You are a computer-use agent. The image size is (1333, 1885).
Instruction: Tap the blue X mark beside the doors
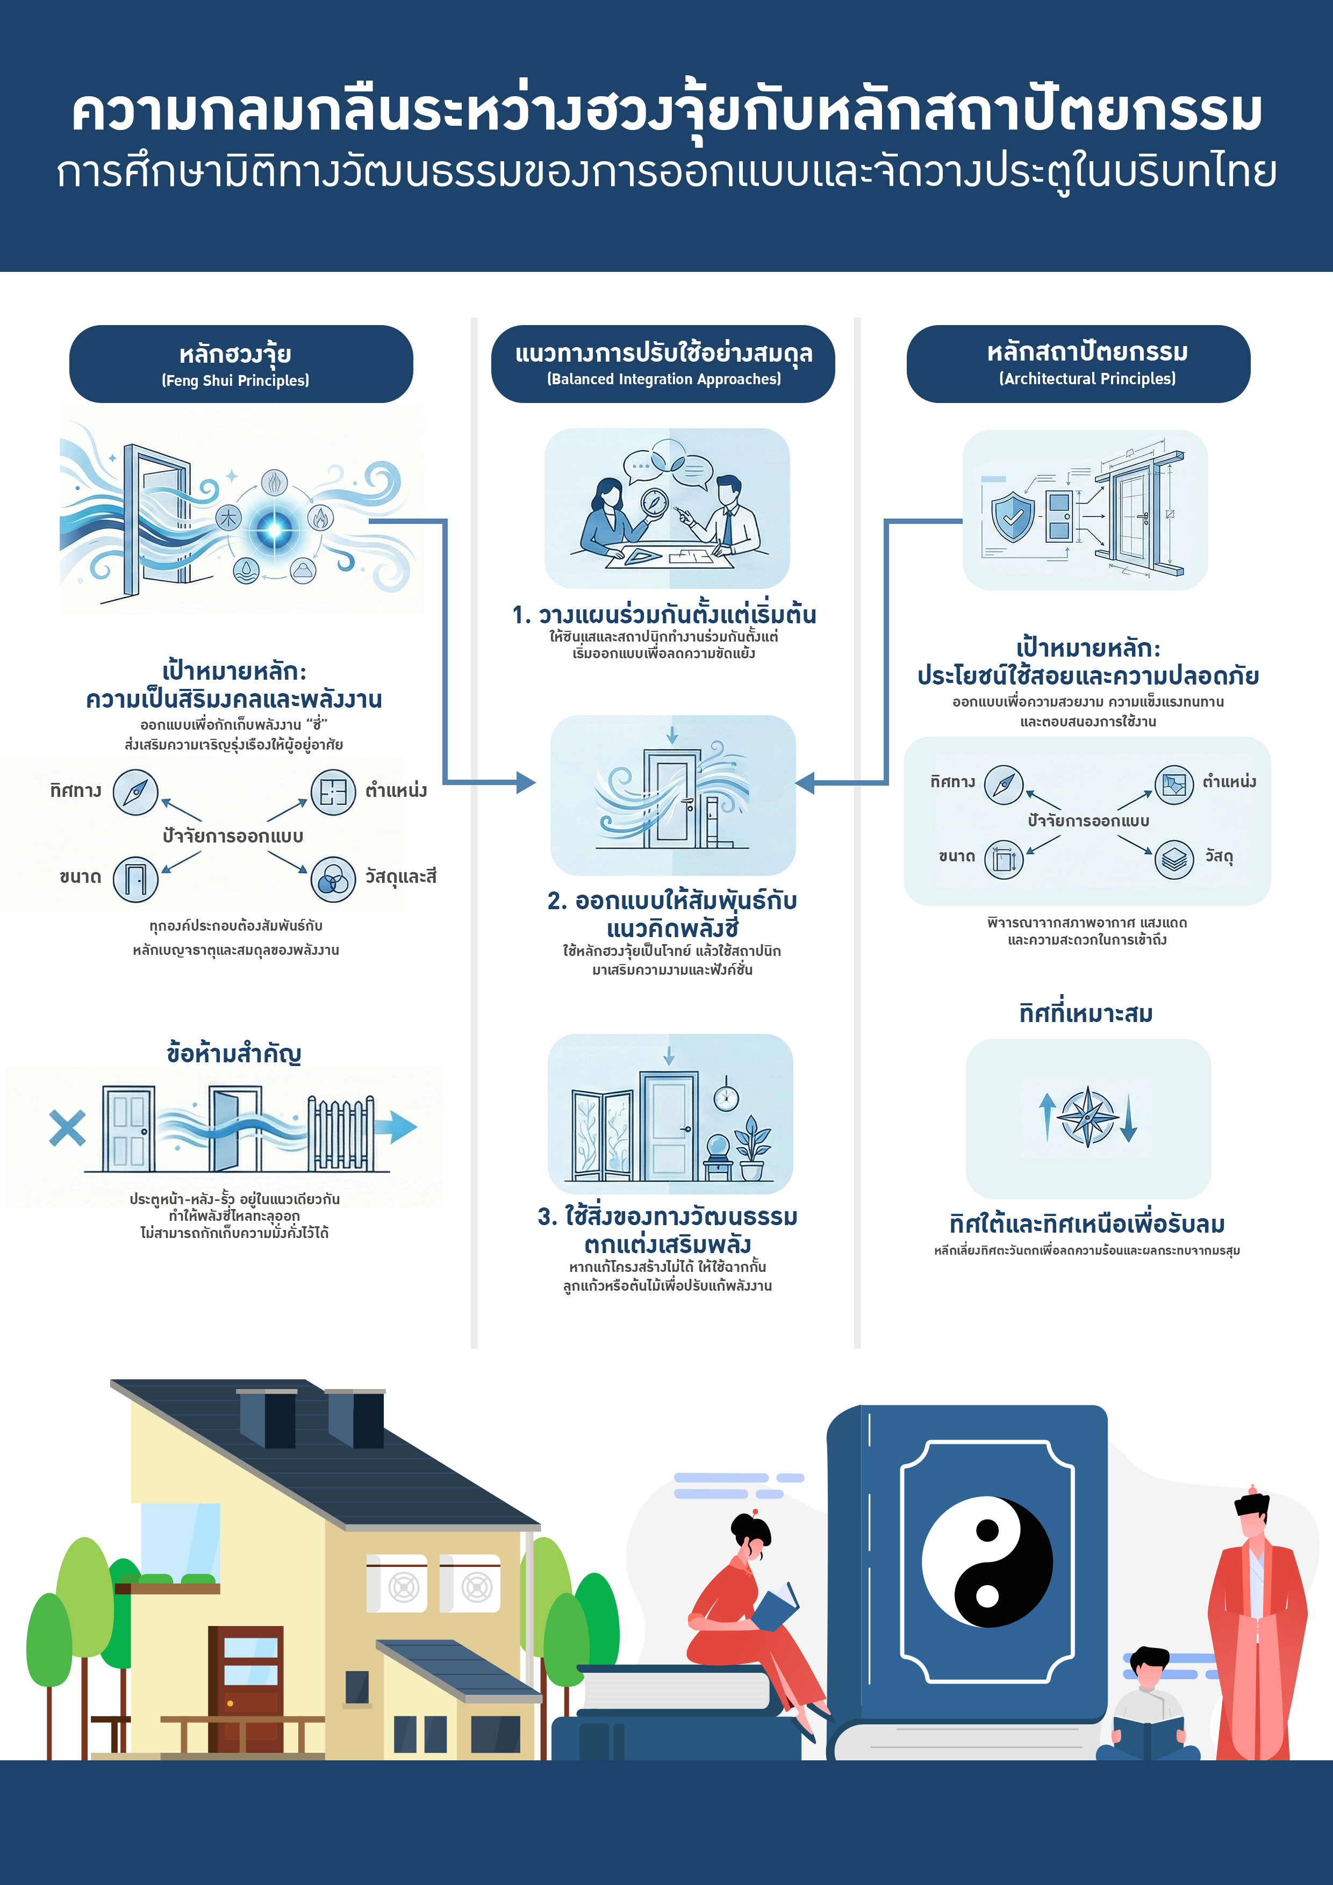[x=67, y=1127]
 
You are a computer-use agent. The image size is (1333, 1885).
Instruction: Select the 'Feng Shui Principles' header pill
[x=241, y=364]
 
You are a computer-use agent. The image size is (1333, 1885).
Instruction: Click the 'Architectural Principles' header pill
[x=1078, y=364]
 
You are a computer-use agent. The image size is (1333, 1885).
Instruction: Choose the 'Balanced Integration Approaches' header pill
[x=663, y=364]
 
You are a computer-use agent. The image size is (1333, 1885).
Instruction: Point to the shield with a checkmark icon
[x=1013, y=516]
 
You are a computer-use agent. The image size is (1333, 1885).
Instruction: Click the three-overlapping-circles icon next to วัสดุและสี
[x=333, y=879]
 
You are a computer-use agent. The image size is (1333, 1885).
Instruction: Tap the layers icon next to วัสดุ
[x=1174, y=859]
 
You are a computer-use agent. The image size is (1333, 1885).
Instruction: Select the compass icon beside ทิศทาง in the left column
[x=135, y=792]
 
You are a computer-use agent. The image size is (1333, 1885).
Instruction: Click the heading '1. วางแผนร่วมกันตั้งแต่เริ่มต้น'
[x=664, y=615]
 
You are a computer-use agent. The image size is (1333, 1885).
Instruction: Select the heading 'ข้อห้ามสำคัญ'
[x=234, y=1053]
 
